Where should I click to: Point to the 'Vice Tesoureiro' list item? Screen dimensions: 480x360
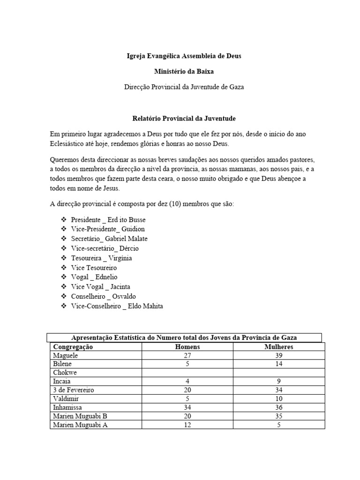(x=94, y=268)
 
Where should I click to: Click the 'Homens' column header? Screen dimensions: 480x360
(x=187, y=347)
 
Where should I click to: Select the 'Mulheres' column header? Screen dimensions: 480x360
(x=279, y=347)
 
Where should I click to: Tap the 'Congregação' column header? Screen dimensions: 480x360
(x=73, y=347)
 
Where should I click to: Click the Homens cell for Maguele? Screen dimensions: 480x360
(x=187, y=355)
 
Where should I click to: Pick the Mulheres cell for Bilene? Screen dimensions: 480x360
(x=279, y=364)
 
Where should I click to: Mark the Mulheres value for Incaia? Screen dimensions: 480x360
(x=279, y=382)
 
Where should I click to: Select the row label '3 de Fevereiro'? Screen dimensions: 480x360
(x=74, y=390)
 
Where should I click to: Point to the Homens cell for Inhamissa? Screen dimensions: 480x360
(x=187, y=407)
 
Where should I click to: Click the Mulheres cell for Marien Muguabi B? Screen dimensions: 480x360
(x=279, y=416)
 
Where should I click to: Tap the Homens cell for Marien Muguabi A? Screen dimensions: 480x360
(x=187, y=425)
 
